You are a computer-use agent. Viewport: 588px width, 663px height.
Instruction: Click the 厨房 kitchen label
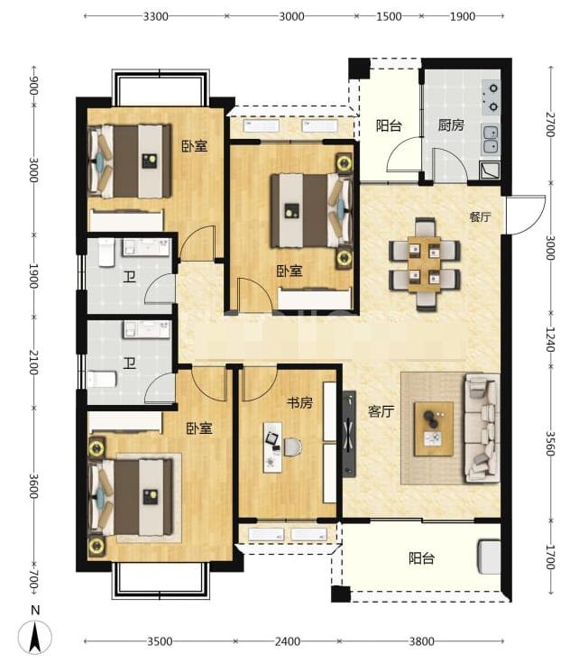pos(451,125)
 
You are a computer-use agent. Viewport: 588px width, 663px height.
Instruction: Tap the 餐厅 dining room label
pos(481,216)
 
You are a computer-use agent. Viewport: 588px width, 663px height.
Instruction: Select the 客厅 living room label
pos(381,411)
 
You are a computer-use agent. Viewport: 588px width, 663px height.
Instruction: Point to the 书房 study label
pos(299,402)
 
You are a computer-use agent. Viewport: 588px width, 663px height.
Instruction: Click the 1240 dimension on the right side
pos(549,339)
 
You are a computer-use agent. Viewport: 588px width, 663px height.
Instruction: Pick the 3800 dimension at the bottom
pos(421,641)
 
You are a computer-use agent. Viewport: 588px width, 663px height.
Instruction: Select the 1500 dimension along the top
pos(389,16)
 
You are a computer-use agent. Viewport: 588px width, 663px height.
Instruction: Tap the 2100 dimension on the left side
pos(33,362)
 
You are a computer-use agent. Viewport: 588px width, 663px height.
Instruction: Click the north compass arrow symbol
pos(35,636)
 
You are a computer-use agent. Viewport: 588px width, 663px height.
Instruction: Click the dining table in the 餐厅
pos(425,264)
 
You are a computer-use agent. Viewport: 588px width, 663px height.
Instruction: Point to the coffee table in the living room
pos(434,428)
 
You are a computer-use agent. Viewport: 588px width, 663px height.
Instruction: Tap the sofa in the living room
pos(482,428)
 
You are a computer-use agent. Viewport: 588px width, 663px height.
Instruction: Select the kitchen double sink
pos(491,140)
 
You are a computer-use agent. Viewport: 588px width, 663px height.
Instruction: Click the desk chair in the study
pos(293,447)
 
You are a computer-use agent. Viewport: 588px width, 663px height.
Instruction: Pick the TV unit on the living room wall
pos(349,434)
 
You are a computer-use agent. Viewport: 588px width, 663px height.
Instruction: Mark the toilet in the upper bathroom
pos(106,253)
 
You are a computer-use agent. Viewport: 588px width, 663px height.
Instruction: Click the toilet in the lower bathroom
pos(101,379)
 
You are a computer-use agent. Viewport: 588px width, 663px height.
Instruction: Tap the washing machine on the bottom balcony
pos(489,557)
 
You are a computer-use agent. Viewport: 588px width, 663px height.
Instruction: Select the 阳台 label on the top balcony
pos(389,125)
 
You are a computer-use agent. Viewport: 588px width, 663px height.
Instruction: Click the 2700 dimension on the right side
pos(549,124)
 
